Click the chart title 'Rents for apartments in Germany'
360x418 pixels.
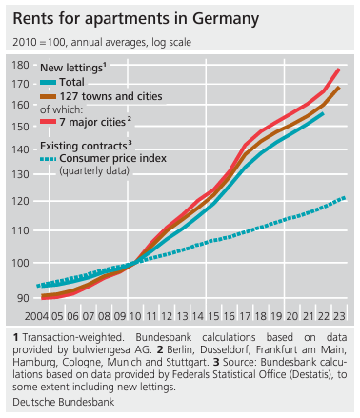(136, 19)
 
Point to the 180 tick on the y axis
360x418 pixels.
(20, 65)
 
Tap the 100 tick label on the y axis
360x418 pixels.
(20, 263)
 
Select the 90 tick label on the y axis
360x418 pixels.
(22, 298)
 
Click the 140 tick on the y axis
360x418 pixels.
(20, 149)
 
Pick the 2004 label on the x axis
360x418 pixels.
(37, 316)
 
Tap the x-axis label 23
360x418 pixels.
(339, 316)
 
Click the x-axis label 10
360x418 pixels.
(135, 316)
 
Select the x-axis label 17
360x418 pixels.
(245, 316)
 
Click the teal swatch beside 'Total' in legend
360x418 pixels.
(49, 83)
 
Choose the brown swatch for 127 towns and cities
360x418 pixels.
(49, 96)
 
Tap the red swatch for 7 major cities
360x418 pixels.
(49, 122)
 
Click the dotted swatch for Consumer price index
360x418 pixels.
(49, 159)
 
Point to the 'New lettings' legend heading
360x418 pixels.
(73, 68)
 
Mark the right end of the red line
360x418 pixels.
(339, 70)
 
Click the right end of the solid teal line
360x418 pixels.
(323, 113)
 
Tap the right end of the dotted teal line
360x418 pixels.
(344, 199)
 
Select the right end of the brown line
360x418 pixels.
(339, 88)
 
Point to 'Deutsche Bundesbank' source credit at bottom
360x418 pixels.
(64, 402)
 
